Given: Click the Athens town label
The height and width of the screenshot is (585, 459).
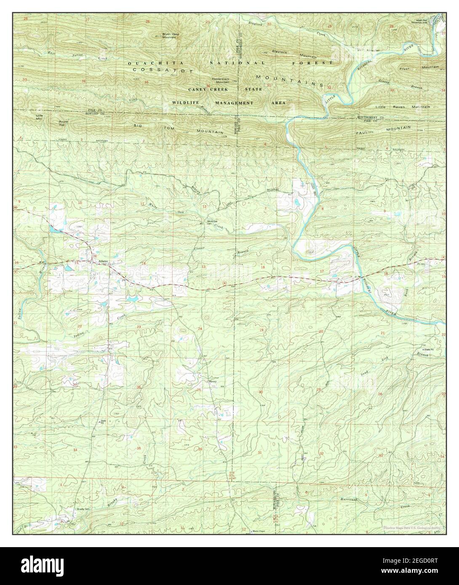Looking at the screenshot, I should [103, 261].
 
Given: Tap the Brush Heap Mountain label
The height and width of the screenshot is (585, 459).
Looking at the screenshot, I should [169, 36].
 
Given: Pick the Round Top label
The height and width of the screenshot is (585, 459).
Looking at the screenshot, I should [63, 123].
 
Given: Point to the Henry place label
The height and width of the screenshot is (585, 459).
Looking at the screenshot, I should [213, 382].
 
